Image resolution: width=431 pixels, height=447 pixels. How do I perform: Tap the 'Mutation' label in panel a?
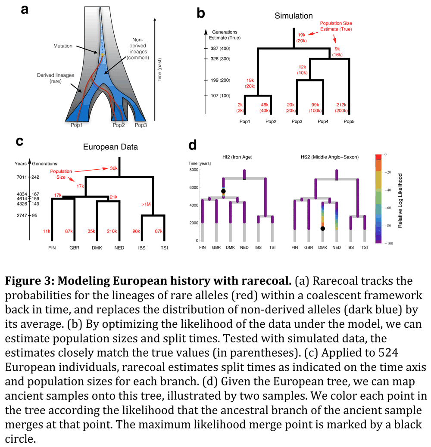click(x=63, y=46)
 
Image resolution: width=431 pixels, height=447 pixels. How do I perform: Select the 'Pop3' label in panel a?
click(x=142, y=125)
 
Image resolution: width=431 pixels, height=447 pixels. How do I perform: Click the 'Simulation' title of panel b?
click(x=294, y=16)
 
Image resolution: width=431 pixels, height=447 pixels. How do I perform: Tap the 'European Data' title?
click(x=110, y=147)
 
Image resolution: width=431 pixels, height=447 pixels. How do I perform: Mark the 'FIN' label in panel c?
click(x=51, y=248)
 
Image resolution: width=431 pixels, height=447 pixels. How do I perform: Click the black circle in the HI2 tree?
click(x=223, y=191)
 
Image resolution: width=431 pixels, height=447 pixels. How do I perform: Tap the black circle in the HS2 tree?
click(x=322, y=229)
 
